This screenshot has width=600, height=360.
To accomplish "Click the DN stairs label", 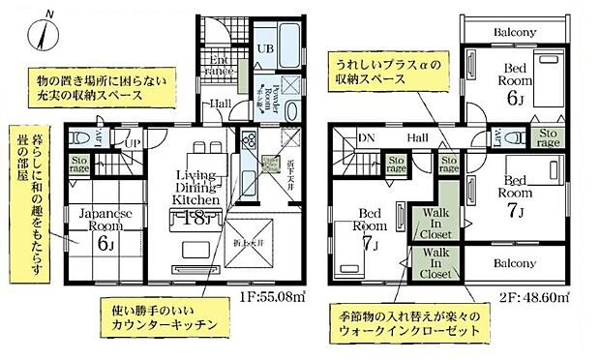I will (x=366, y=138).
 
